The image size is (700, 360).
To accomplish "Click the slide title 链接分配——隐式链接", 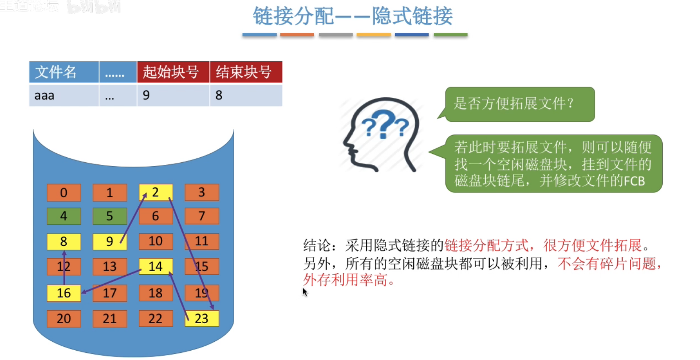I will pos(352,16).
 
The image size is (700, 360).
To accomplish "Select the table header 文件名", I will pos(56,72).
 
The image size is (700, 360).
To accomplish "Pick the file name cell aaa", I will pos(44,95).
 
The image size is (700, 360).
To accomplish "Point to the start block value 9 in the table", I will pos(146,95).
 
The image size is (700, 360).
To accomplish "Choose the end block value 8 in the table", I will pos(219,95).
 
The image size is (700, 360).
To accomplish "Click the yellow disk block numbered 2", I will pos(156,192).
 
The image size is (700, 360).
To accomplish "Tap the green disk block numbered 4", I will pos(64,216).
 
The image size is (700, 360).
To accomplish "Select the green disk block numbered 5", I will pos(110,216).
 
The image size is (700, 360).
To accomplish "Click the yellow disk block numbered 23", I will pos(202,318).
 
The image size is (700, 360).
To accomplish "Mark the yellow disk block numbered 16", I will pos(64,293).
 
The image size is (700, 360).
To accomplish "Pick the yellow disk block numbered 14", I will pos(156,266).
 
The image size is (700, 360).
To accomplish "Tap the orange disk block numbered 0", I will pos(64,192).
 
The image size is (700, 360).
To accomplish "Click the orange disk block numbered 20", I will pos(64,318).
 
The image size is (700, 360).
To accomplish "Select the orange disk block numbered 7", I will pos(202,216).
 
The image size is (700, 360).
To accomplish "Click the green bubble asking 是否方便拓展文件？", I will pos(519,104).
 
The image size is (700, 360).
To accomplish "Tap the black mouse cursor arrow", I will pos(305,292).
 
